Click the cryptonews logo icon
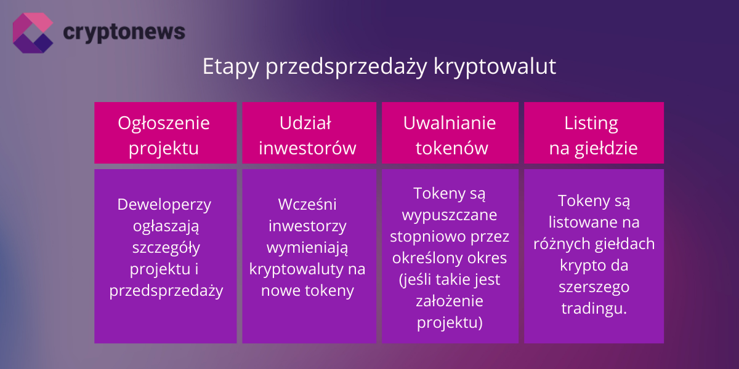click(33, 32)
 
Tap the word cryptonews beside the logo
click(124, 31)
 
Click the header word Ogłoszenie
click(164, 124)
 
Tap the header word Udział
click(305, 123)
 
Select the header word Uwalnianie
click(450, 123)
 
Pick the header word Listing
click(591, 124)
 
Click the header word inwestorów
click(307, 148)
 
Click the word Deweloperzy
click(164, 204)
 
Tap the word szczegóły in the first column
click(164, 248)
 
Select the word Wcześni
click(307, 204)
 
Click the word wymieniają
click(307, 247)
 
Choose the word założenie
click(450, 301)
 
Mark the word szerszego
click(594, 287)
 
